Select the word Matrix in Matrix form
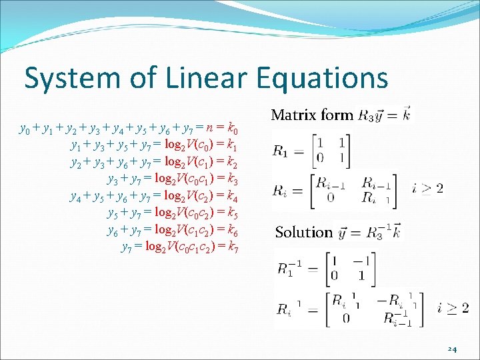coord(294,115)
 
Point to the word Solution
coord(303,232)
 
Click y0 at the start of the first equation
coord(24,127)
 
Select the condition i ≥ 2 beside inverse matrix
coord(453,307)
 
